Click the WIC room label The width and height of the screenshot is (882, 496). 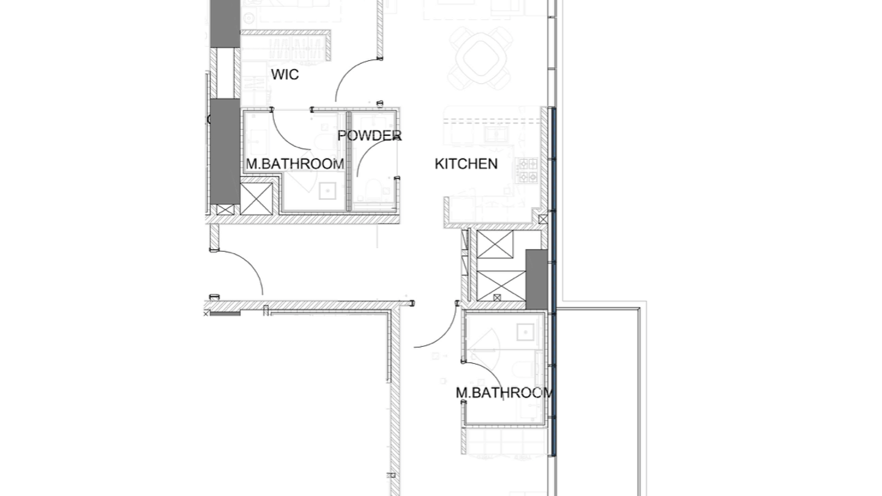(285, 74)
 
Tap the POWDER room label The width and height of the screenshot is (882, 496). (369, 135)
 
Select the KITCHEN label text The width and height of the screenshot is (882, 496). (466, 163)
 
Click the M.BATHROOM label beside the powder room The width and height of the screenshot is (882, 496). (295, 163)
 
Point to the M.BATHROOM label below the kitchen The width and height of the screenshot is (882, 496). (504, 393)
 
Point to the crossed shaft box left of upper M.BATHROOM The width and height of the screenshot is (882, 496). (256, 198)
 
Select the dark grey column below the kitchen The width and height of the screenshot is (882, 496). (537, 279)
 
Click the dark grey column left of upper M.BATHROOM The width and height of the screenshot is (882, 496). (225, 152)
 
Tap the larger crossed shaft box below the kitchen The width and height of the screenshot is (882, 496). (501, 286)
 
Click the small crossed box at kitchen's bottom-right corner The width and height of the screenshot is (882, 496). (543, 220)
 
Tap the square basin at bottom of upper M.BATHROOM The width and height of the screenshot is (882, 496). (328, 190)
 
